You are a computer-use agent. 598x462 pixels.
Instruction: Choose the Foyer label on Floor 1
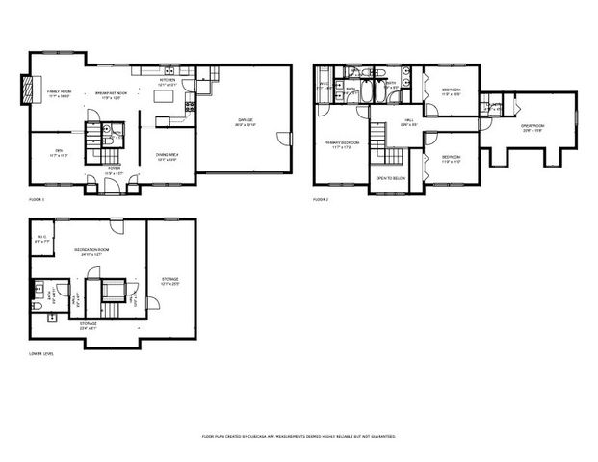tap(113, 170)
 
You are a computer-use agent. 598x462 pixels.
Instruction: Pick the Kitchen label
tap(168, 84)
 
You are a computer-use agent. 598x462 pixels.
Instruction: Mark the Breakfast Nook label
tap(113, 95)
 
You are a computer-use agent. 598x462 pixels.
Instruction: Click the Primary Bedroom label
tap(340, 144)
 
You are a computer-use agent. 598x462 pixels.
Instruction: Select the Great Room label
tap(533, 129)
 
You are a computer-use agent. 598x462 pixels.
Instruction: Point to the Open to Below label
tap(392, 179)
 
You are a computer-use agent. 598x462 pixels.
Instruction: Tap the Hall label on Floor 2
tap(408, 120)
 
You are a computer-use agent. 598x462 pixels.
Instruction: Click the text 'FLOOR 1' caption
tap(37, 199)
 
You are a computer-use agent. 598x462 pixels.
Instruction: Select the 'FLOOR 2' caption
tap(320, 199)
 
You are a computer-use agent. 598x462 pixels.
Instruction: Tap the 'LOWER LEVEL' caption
tap(41, 354)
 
